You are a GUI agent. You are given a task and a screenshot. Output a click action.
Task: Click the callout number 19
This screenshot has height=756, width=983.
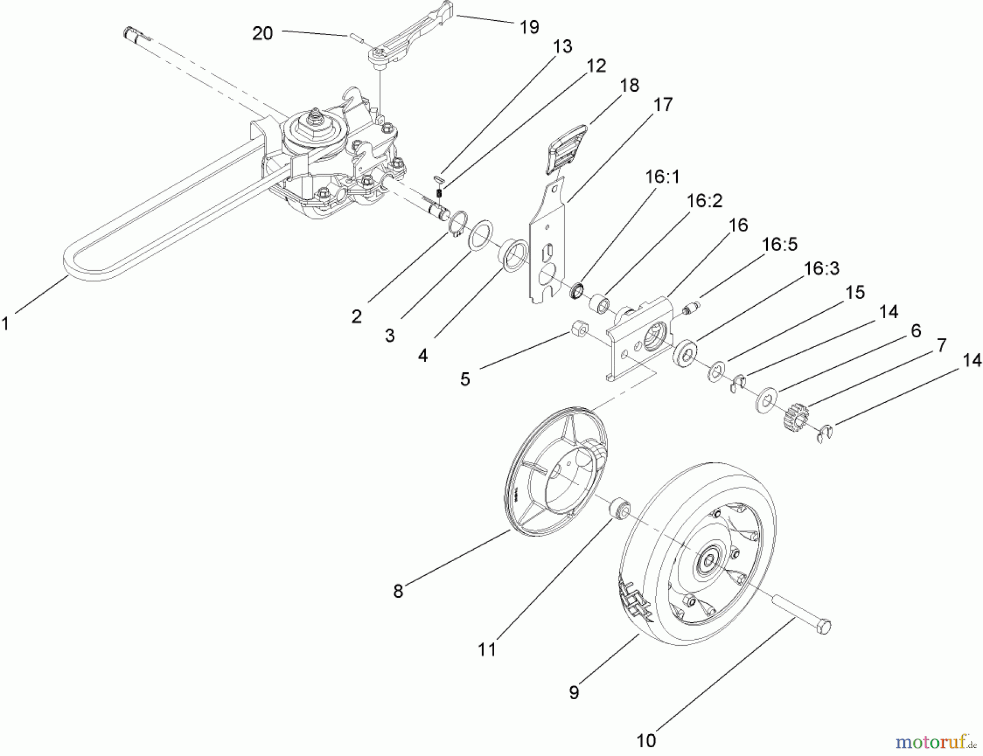coord(529,27)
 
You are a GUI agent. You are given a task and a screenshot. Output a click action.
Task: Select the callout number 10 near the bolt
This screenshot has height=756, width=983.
coord(646,741)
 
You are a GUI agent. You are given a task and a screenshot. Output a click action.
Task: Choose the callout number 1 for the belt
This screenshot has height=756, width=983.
coord(5,324)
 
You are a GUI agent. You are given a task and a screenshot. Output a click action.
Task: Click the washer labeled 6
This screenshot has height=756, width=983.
coord(767,401)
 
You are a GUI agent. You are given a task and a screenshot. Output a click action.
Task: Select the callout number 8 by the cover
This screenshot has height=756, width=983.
coord(398,591)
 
